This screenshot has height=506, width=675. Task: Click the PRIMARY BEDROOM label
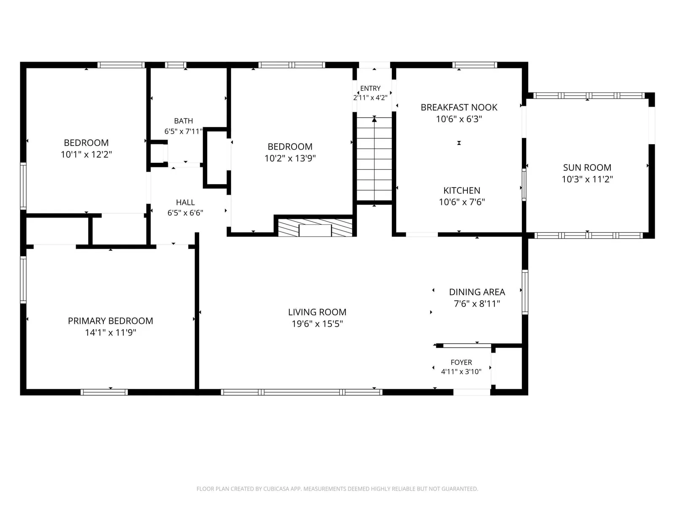111,321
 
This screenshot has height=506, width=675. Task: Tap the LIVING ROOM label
317,312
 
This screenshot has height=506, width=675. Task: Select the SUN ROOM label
587,168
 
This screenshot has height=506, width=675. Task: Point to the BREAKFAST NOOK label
459,108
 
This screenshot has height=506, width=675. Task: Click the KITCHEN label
462,191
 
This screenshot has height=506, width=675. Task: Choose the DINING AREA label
477,292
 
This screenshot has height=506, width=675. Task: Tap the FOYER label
461,362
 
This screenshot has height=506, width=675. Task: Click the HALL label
185,202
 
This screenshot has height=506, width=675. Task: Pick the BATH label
183,121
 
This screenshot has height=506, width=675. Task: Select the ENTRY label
370,89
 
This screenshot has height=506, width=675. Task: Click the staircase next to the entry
374,159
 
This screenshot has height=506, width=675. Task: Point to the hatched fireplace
315,227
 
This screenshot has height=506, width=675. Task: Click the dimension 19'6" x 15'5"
317,324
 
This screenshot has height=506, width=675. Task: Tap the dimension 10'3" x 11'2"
587,180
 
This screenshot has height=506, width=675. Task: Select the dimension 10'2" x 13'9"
290,158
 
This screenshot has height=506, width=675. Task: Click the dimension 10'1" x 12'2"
86,154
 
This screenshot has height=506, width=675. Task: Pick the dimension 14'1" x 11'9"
111,332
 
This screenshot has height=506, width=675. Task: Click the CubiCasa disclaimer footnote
337,489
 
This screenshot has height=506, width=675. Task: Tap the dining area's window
525,292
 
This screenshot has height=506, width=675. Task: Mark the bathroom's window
175,65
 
